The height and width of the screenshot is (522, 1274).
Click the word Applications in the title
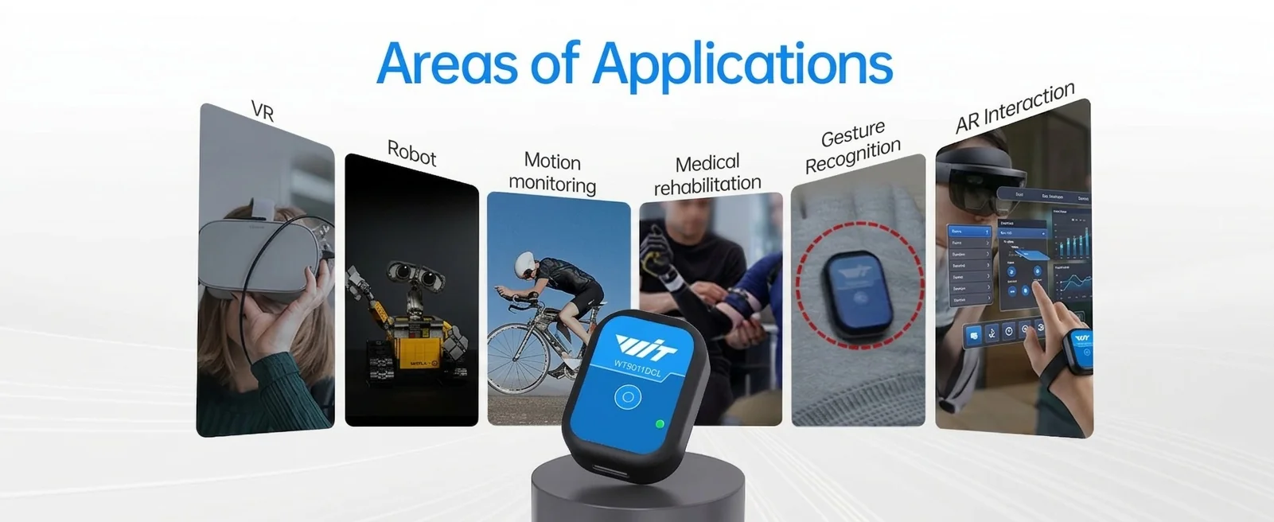pyautogui.click(x=742, y=64)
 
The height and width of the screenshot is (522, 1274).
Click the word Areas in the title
pyautogui.click(x=447, y=64)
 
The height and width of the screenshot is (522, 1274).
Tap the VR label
pyautogui.click(x=263, y=111)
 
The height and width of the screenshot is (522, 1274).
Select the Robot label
pyautogui.click(x=411, y=152)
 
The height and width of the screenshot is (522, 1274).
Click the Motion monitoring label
pyautogui.click(x=553, y=173)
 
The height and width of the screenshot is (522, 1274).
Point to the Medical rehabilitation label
pyautogui.click(x=707, y=174)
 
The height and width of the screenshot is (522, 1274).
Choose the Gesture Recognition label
pyautogui.click(x=852, y=146)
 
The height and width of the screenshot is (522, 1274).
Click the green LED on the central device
pyautogui.click(x=659, y=424)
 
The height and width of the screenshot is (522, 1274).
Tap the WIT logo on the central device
pyautogui.click(x=646, y=347)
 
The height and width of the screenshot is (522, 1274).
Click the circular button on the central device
pyautogui.click(x=628, y=397)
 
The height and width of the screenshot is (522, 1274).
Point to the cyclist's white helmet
pyautogui.click(x=527, y=263)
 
